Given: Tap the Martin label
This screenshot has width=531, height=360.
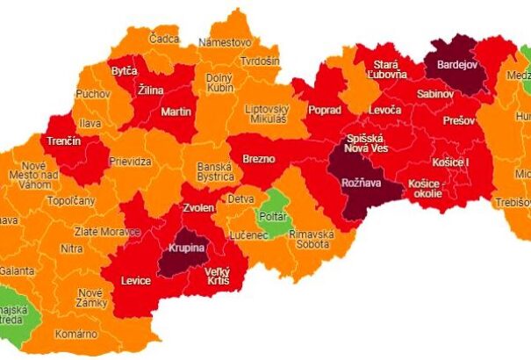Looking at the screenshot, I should (x=176, y=112).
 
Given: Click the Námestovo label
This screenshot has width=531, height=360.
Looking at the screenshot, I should (x=226, y=42).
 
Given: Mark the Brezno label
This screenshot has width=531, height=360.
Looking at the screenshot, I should (x=259, y=159).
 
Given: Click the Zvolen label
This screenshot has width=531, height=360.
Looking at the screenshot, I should (x=198, y=209).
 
